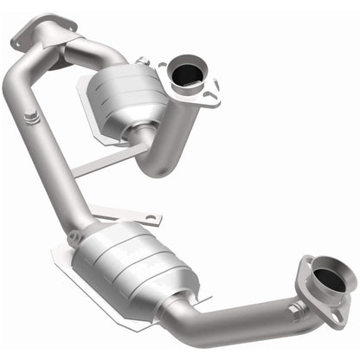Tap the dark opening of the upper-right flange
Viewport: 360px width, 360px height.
click(186, 76)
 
